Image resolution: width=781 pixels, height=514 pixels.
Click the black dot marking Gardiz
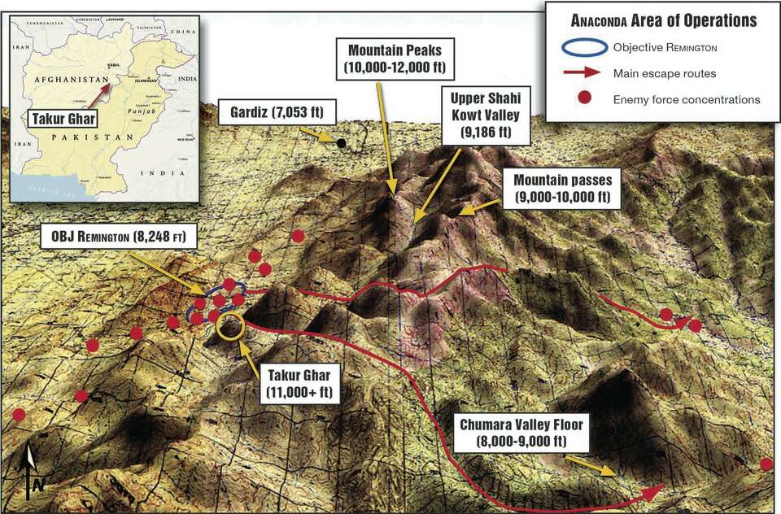[342, 143]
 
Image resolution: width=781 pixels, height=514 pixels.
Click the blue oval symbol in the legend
[582, 47]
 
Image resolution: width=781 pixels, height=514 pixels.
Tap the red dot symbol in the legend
[582, 99]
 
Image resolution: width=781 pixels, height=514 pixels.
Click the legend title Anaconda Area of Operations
[662, 21]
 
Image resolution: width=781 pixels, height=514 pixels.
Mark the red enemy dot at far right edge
[766, 464]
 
